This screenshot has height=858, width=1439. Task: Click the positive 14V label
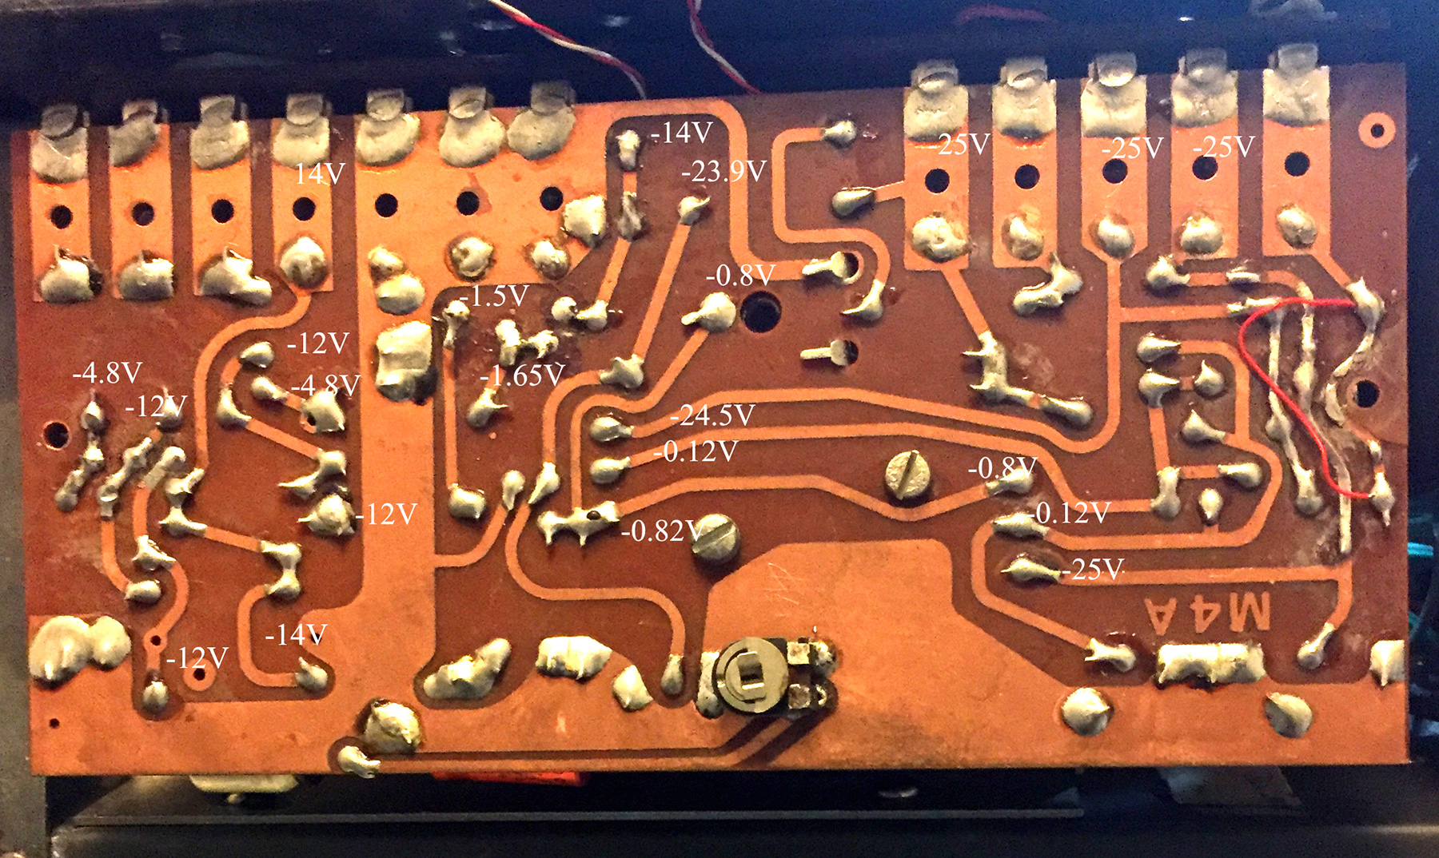[319, 173]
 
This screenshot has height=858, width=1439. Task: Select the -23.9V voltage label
[723, 171]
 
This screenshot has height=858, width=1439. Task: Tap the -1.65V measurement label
[523, 375]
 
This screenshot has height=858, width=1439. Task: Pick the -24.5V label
[712, 415]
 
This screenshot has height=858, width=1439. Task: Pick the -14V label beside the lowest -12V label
[296, 635]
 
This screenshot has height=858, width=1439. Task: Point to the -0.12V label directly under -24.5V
[696, 452]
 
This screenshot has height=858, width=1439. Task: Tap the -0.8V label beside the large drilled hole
[740, 276]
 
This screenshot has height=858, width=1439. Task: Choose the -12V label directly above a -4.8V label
[318, 344]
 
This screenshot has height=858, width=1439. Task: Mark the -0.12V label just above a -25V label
[1071, 513]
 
